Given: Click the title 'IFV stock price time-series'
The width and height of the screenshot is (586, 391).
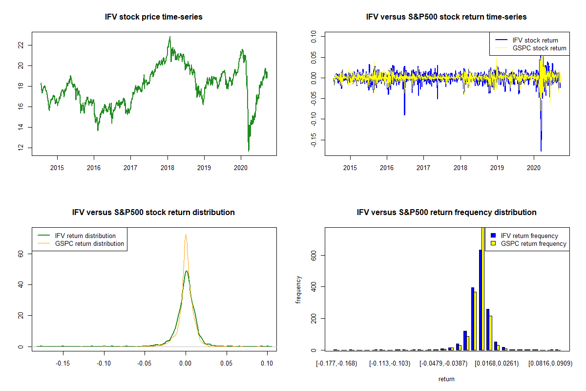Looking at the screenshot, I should [x=153, y=17].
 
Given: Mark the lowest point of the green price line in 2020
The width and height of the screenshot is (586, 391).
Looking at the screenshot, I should [x=249, y=151].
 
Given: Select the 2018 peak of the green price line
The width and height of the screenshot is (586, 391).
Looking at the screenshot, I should [x=169, y=37].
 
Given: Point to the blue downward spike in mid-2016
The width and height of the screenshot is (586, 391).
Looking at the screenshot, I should [x=404, y=114].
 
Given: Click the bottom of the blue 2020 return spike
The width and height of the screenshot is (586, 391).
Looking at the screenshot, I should [x=541, y=151].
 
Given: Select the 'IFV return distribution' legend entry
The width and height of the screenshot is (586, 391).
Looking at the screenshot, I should [x=85, y=236].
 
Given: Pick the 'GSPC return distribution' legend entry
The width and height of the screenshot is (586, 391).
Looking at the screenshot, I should [x=89, y=243].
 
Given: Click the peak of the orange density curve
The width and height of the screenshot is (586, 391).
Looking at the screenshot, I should [x=186, y=235].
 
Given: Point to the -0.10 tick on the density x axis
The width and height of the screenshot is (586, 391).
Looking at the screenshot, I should [x=104, y=363].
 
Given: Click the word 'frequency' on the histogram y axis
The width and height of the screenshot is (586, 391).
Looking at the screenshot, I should [x=298, y=290].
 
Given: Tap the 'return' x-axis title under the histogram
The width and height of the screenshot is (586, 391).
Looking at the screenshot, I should [x=446, y=379].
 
